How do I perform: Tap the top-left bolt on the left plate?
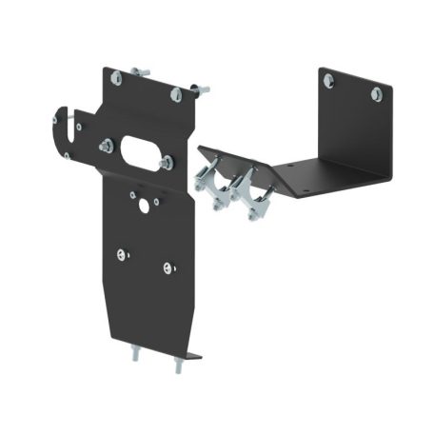coord(115,78)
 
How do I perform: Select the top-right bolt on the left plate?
coord(176,93)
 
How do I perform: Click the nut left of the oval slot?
coord(105,146)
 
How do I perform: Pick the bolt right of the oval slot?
coord(168,163)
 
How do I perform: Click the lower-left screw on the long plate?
coord(121,253)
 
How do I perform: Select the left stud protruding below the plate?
coord(133,355)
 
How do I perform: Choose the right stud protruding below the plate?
coord(178,365)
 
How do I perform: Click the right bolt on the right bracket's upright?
coord(376,94)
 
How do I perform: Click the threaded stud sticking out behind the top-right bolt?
coord(200,89)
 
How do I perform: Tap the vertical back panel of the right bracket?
coord(357,124)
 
